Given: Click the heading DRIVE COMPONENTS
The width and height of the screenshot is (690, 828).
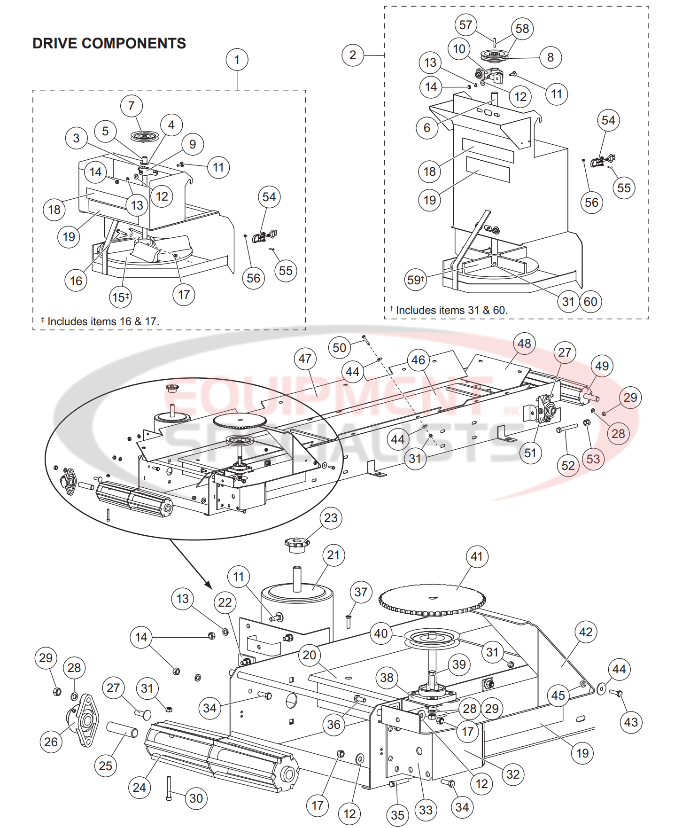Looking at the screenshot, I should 109,43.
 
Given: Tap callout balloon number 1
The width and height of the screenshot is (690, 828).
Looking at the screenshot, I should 237,60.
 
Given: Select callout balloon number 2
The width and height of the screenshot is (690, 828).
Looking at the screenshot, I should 353,55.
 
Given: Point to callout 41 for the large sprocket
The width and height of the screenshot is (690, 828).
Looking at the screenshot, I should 477,556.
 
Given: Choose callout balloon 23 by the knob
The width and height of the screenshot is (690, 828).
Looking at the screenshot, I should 331,518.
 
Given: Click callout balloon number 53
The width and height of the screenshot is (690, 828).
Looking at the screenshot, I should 593,459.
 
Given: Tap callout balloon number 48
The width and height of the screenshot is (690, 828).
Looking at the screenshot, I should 524,344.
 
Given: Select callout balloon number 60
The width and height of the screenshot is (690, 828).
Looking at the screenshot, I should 590,302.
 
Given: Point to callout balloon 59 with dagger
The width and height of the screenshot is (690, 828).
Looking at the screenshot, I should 416,280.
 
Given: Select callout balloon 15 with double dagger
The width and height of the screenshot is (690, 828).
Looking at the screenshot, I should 121,297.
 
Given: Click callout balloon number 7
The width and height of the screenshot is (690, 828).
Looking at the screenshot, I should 132,106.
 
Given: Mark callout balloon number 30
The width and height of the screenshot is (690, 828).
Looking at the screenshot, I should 196,798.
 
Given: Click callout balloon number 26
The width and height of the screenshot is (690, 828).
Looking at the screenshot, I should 51,742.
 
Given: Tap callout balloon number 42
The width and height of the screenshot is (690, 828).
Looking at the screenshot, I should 586,632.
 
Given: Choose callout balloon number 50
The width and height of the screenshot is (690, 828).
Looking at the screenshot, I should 339,348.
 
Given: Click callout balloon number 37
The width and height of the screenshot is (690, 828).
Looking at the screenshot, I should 361,592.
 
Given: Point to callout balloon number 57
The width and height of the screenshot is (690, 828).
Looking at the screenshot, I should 465,25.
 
